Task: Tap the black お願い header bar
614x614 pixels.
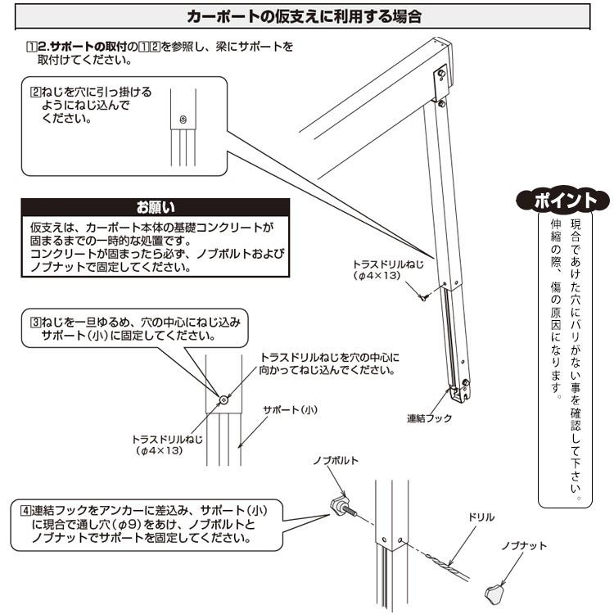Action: pyautogui.click(x=156, y=206)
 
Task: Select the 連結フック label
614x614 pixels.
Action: pyautogui.click(x=429, y=418)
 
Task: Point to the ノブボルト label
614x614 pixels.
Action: pyautogui.click(x=336, y=461)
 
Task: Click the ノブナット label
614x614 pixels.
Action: pyautogui.click(x=526, y=545)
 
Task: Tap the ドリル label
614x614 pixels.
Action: pyautogui.click(x=480, y=517)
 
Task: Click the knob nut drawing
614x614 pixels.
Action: pyautogui.click(x=494, y=589)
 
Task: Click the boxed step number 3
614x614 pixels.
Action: pyautogui.click(x=36, y=323)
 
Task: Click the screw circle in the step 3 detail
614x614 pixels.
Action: pyautogui.click(x=223, y=400)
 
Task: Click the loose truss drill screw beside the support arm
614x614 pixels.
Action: pyautogui.click(x=422, y=296)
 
